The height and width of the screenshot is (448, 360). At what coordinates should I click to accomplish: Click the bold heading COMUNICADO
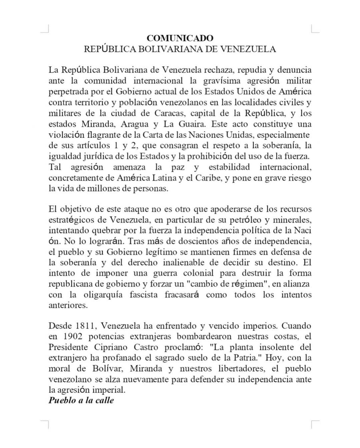pos(180,38)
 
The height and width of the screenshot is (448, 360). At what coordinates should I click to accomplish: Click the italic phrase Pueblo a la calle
pos(81,400)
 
